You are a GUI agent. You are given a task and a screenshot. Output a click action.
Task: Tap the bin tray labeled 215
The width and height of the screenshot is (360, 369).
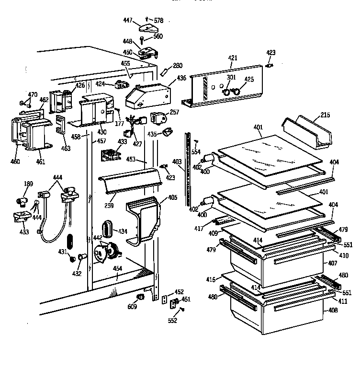[x=309, y=131]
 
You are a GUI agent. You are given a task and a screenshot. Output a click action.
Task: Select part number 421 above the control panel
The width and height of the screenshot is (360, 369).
[x=233, y=58]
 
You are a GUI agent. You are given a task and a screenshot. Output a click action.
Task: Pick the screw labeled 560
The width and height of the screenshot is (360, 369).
[x=143, y=38]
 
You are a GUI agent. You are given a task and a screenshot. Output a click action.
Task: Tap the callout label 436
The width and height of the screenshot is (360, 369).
[x=181, y=78]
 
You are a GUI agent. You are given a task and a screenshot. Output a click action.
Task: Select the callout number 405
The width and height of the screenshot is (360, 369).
[x=172, y=196]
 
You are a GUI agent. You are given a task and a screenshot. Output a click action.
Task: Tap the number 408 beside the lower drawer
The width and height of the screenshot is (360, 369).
[x=334, y=311]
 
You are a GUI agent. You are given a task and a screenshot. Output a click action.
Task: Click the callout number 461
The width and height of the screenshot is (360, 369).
[x=40, y=161]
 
